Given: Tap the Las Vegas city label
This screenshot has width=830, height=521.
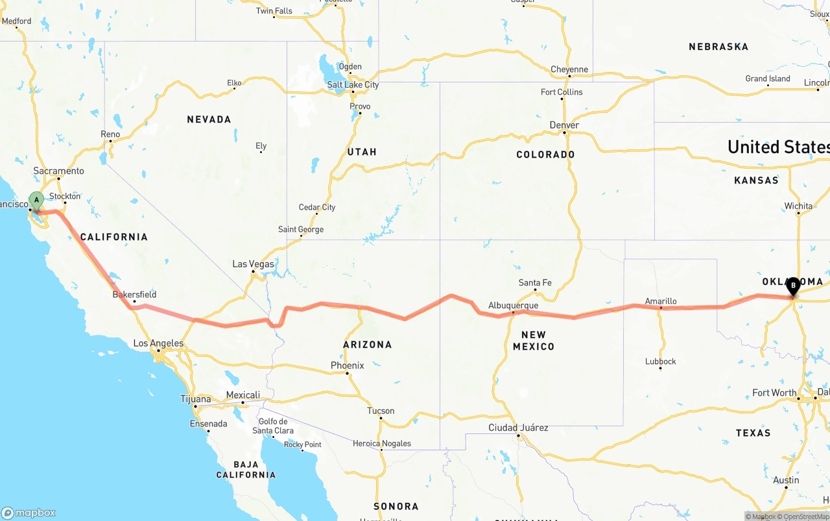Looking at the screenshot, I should point(253,264).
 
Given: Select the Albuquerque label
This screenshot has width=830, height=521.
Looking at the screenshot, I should point(513,306).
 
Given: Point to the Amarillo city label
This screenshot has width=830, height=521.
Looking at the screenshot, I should point(661,301).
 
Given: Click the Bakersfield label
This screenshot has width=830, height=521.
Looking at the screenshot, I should point(134,295).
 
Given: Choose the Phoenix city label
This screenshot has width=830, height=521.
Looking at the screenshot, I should point(347,365).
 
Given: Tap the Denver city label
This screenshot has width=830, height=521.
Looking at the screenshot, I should point(564,125).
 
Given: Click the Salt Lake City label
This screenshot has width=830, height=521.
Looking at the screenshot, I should point(353,85).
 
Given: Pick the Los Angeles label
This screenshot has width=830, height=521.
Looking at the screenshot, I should point(158,343).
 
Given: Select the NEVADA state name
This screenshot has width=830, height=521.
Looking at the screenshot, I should point(209,119).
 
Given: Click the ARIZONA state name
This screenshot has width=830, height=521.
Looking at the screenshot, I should point(367,345).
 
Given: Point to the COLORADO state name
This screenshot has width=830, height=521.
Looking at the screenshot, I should point(545,154).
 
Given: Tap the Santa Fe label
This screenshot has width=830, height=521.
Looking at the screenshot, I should point(535,283).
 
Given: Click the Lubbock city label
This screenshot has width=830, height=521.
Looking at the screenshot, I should point(661,361).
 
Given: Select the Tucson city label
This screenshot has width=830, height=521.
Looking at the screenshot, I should point(381,411).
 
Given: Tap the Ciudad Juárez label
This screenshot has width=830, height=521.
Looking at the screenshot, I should point(518,428).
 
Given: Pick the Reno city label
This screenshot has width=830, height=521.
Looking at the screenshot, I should point(110,134).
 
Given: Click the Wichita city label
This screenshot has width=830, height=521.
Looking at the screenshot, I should point(798,206).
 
